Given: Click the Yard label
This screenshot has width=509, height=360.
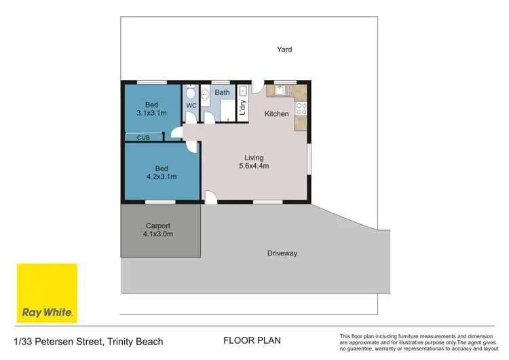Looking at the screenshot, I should pyautogui.click(x=284, y=49).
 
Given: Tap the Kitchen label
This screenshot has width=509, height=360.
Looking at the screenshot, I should pyautogui.click(x=276, y=113).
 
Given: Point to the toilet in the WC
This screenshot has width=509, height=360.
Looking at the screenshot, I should pyautogui.click(x=191, y=92).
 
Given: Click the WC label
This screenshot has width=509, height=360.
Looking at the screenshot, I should pyautogui.click(x=191, y=106).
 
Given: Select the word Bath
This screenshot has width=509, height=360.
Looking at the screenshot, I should pyautogui.click(x=222, y=92).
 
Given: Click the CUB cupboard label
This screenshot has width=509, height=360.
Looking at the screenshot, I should pyautogui.click(x=143, y=138).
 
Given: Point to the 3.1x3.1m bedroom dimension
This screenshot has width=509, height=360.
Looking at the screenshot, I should pyautogui.click(x=152, y=113).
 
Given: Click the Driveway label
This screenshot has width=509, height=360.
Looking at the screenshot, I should pyautogui.click(x=282, y=253).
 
